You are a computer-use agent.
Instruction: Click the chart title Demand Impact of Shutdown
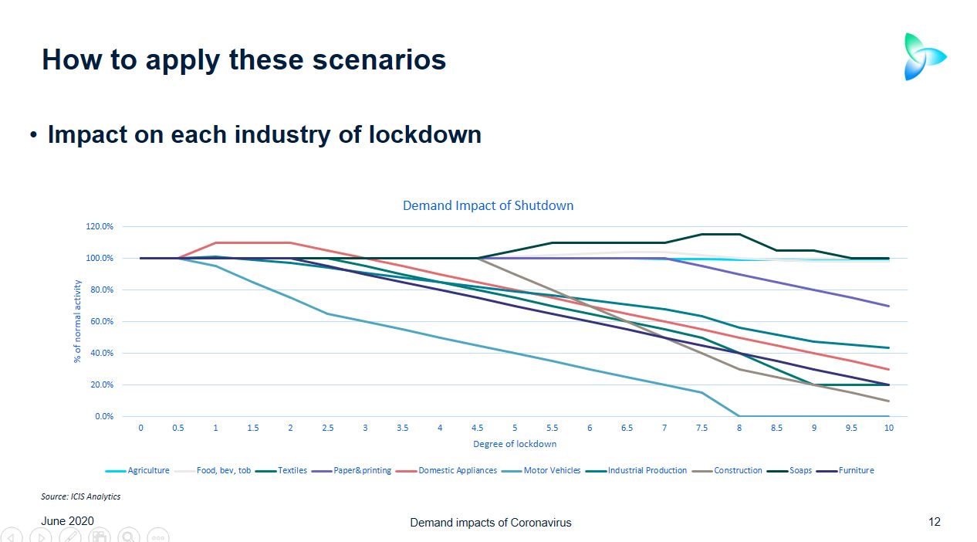(488, 206)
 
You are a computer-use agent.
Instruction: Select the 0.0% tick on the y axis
(104, 416)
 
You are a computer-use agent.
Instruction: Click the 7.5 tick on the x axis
(701, 428)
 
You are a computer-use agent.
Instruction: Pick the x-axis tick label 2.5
(328, 428)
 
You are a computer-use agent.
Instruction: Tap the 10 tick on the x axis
(889, 428)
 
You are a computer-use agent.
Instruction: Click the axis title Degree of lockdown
(515, 444)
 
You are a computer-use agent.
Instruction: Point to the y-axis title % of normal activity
(78, 321)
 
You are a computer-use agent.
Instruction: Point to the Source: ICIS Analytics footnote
(80, 496)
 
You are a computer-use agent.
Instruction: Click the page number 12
(934, 522)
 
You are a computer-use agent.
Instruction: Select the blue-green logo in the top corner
(924, 56)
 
